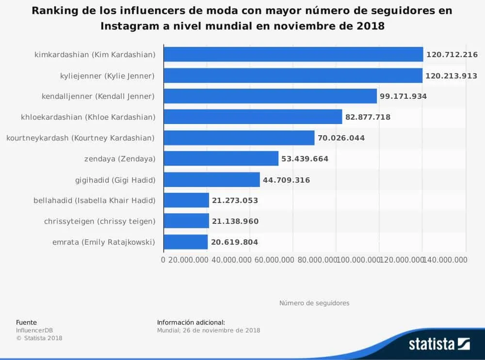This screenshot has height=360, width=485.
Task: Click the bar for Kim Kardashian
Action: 293,55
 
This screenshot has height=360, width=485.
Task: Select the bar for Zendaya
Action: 221,158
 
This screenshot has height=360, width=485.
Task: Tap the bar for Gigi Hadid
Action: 212,180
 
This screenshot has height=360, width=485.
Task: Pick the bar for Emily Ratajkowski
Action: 186,242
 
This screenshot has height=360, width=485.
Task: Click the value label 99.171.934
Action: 403,96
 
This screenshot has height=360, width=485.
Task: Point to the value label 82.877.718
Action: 368,117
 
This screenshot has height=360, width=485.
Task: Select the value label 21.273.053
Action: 235,201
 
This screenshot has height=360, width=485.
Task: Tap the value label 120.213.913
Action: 452,76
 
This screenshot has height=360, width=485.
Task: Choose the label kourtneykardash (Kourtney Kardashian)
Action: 81,138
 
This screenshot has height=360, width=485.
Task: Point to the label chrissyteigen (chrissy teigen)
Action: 99,221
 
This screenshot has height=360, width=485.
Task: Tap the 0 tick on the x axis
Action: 163,260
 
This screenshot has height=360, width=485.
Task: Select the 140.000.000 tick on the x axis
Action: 446,260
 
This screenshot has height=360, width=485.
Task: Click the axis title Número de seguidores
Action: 314,303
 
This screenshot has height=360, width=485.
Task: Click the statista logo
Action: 439,344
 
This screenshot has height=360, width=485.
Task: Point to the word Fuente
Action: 26,322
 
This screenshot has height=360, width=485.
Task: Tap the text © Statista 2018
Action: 39,338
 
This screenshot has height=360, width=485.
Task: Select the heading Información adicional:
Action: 191,322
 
